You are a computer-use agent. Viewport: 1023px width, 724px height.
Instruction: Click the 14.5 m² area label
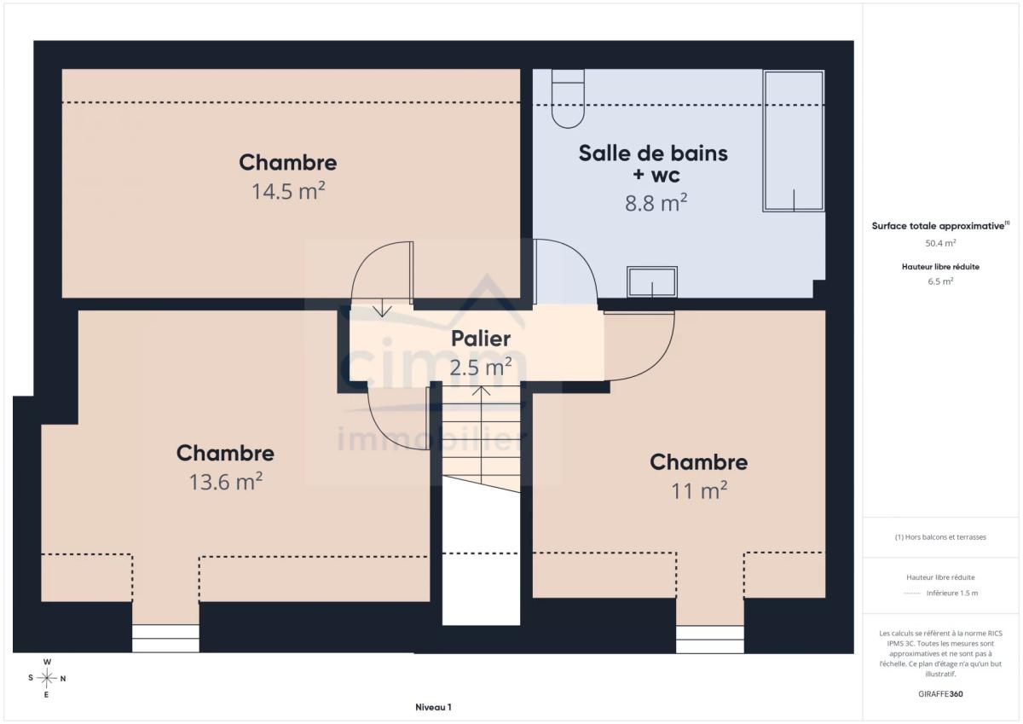(288, 191)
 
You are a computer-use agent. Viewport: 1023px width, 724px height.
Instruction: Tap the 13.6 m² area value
(226, 482)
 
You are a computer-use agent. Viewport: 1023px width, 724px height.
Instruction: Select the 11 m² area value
(699, 491)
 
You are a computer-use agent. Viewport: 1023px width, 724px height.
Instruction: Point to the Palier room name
(481, 339)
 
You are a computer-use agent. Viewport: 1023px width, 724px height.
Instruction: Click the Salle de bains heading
(653, 153)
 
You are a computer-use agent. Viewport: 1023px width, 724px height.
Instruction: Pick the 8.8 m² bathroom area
(656, 203)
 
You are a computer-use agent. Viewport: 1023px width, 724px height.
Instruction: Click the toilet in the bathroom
(568, 99)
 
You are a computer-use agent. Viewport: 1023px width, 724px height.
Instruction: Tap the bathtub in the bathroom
(794, 141)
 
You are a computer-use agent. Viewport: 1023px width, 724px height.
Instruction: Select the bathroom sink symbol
(651, 281)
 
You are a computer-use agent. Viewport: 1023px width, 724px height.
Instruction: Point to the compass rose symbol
(47, 678)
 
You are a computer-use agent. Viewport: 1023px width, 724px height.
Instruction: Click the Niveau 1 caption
(433, 707)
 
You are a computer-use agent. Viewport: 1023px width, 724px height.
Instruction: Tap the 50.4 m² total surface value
(940, 243)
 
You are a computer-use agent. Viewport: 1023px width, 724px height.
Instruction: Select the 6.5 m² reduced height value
(940, 281)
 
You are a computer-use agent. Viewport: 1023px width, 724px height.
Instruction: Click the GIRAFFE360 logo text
(940, 694)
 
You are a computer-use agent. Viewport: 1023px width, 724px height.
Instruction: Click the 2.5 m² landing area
(481, 368)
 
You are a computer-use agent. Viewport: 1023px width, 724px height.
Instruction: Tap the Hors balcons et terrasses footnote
(940, 537)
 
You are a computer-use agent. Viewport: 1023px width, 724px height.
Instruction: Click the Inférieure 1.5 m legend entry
(952, 593)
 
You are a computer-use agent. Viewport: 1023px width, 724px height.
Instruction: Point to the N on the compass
(63, 679)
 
